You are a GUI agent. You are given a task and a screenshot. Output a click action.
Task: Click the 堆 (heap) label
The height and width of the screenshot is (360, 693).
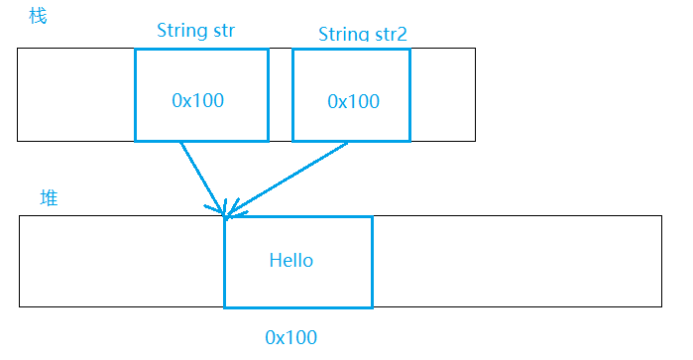[x=49, y=198]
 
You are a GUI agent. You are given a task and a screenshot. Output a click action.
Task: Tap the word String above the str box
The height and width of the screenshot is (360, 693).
[x=179, y=30]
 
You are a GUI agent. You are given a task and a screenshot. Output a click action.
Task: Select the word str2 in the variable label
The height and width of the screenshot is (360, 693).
[x=389, y=35]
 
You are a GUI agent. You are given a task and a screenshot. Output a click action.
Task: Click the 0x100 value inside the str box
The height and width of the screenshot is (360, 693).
[x=198, y=100]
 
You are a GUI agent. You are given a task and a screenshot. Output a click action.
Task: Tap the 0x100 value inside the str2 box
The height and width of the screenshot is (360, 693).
[x=353, y=101]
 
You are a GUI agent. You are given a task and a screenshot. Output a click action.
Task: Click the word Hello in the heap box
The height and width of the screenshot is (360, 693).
[x=291, y=261]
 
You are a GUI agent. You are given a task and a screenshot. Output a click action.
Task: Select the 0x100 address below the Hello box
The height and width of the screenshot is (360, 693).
[x=291, y=337]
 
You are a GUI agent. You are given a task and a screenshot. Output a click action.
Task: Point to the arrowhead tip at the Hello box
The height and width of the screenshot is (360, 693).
[x=226, y=215]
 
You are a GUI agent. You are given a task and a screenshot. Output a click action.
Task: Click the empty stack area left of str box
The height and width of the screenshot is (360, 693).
[x=75, y=94]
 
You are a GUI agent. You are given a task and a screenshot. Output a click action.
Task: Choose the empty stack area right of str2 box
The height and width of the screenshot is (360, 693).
[x=442, y=94]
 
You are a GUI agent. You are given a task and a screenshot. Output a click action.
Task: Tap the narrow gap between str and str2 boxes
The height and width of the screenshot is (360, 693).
[x=280, y=94]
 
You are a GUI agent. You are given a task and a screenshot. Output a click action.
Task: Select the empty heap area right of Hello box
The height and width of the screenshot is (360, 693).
[x=516, y=261]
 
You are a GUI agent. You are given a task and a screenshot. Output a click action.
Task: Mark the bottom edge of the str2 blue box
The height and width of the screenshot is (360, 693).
[x=351, y=141]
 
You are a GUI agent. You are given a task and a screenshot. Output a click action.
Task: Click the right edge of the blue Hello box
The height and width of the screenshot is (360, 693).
[x=372, y=262]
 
